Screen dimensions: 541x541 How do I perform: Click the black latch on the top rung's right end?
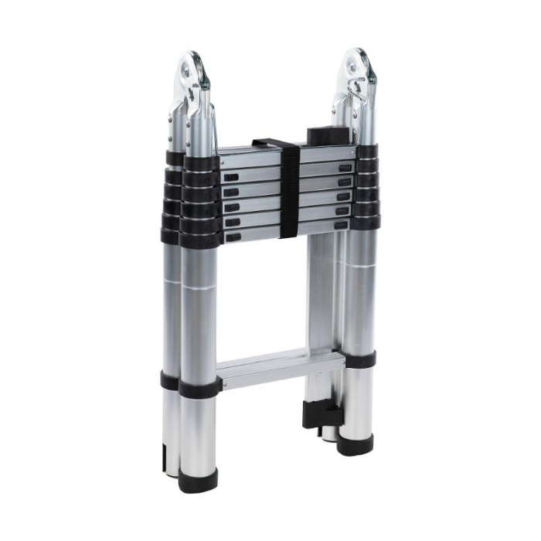point(345,167)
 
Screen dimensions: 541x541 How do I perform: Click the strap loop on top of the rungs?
point(267,143)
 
